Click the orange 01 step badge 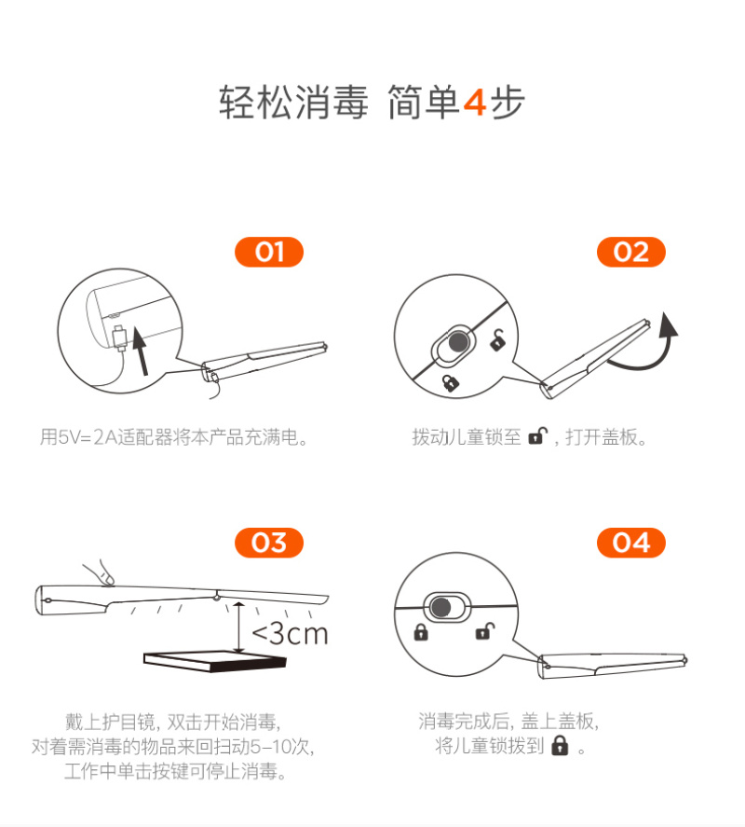point(269,252)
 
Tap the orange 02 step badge point(631,252)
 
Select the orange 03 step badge point(269,543)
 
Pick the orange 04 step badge point(631,543)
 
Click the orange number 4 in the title point(475,102)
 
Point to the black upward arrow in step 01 point(141,351)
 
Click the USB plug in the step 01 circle point(120,338)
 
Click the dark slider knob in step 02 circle point(458,341)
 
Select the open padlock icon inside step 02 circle point(497,340)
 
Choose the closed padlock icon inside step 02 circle point(450,382)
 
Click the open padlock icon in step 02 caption point(537,435)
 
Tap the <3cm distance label point(290,633)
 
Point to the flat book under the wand point(215,661)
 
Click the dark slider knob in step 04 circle point(440,607)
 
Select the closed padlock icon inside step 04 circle point(421,632)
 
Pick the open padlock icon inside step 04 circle point(485,631)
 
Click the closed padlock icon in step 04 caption point(560,746)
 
